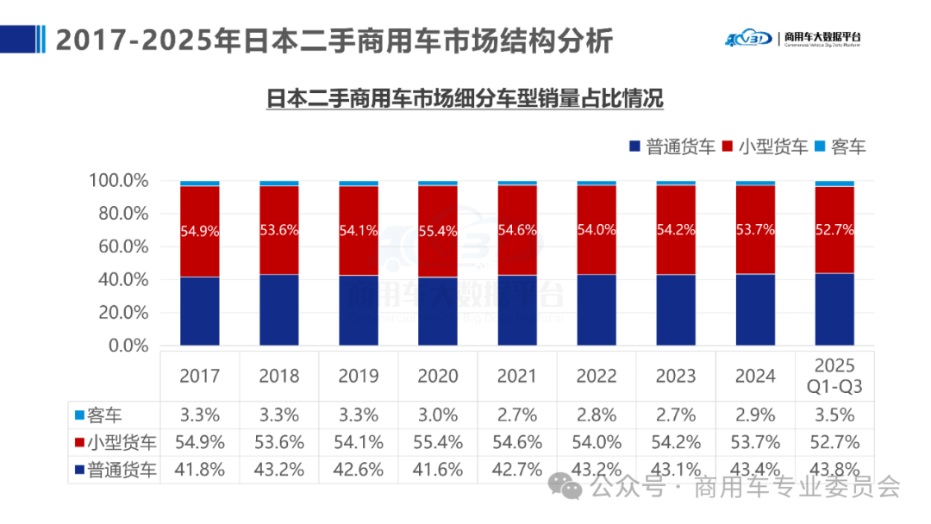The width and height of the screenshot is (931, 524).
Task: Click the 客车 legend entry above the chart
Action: click(x=840, y=147)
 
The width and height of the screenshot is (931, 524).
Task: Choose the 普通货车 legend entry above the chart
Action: click(x=672, y=147)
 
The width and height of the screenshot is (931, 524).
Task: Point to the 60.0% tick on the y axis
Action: click(x=119, y=246)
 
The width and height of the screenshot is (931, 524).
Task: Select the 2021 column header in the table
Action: click(x=517, y=376)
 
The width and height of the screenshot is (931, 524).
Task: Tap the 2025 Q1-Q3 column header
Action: click(x=834, y=376)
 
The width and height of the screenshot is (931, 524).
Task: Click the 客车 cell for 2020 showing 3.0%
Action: click(x=438, y=415)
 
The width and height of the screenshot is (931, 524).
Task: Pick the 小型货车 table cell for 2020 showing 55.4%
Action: click(x=438, y=443)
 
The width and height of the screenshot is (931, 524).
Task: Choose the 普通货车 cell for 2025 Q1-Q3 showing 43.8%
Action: click(x=834, y=471)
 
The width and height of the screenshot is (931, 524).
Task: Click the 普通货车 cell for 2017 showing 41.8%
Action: click(x=200, y=471)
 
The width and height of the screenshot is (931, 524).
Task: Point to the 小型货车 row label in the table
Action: click(x=116, y=443)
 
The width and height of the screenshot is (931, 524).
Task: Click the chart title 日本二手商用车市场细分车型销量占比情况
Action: click(x=465, y=98)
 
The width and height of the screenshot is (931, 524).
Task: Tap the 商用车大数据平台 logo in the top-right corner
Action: click(x=792, y=38)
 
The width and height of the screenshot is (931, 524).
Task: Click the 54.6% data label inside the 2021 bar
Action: click(x=517, y=231)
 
